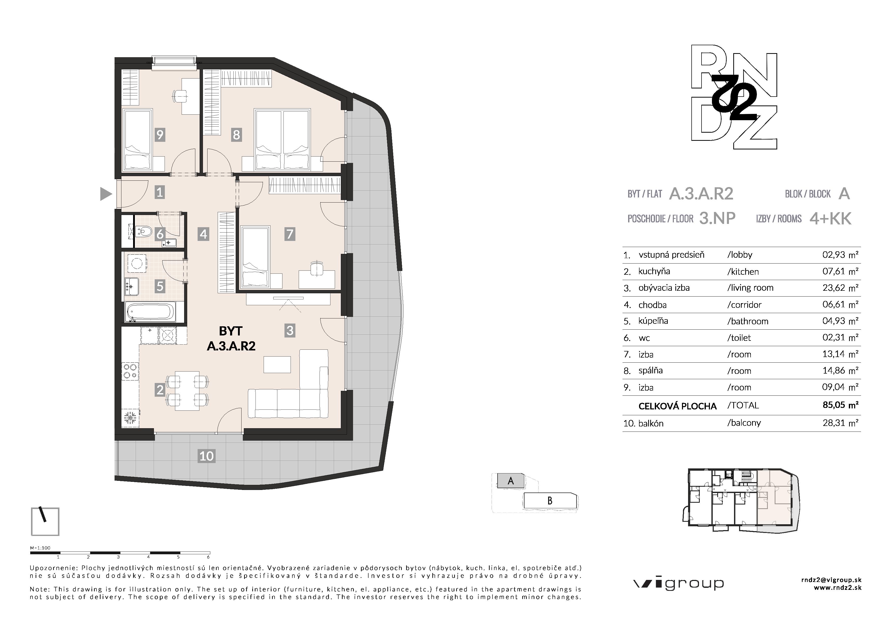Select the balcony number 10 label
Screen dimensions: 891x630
tap(206, 456)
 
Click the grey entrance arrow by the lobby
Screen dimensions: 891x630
tap(106, 194)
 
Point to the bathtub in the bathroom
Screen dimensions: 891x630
tap(150, 312)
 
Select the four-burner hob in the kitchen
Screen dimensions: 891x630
tap(130, 371)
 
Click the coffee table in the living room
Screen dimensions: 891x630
tap(277, 364)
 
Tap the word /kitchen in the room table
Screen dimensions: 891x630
tap(743, 272)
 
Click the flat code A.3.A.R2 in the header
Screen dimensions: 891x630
tap(701, 194)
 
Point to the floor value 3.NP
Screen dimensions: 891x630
tap(717, 219)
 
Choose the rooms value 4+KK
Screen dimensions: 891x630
tap(831, 219)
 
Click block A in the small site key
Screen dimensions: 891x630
tap(511, 481)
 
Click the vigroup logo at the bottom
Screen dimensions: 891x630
tap(679, 583)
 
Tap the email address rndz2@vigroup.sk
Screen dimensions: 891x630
tap(831, 580)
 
